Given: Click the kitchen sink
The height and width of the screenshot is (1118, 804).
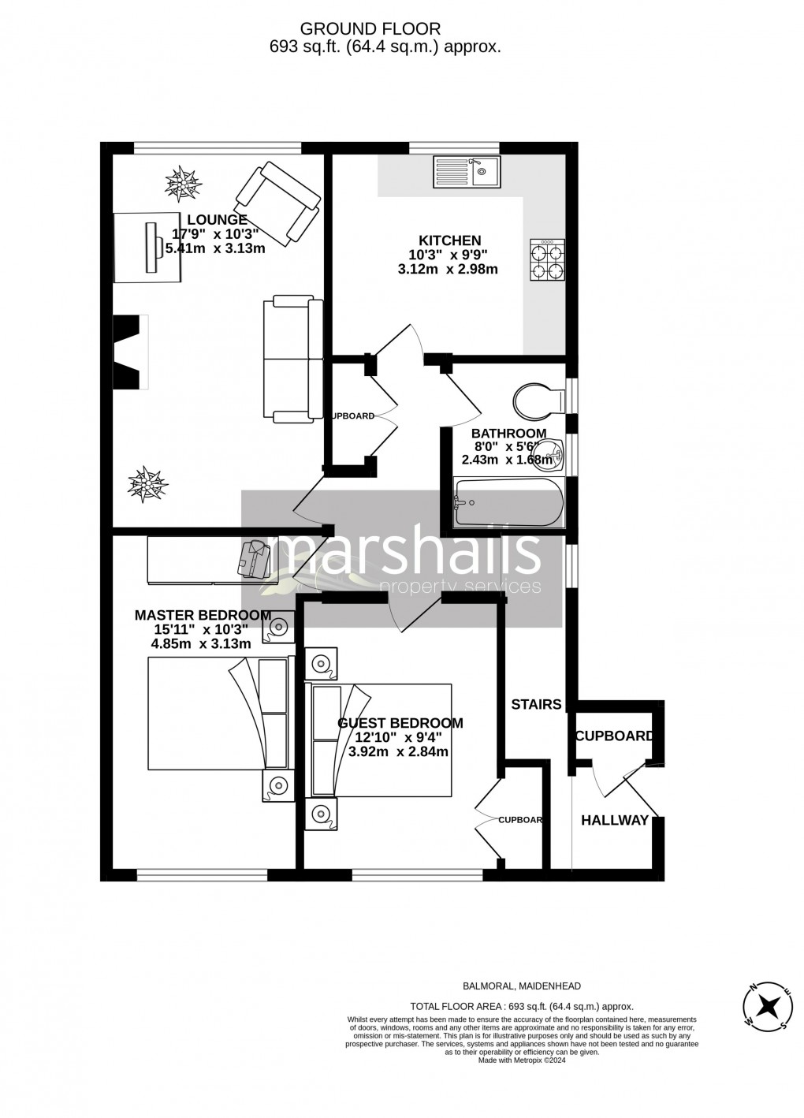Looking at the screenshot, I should click(x=466, y=171).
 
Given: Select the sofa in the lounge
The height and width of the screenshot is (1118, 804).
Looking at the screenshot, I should click(x=292, y=359).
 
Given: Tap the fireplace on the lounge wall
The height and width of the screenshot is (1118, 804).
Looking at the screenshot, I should click(x=132, y=351).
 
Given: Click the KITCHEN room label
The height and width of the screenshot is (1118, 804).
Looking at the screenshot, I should click(x=449, y=240).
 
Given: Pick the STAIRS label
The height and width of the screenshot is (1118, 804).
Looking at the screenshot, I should click(x=536, y=704).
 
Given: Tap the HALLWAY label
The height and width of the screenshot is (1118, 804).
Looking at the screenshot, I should click(x=615, y=820).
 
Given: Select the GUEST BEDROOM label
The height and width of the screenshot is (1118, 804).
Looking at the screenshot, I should click(x=400, y=723).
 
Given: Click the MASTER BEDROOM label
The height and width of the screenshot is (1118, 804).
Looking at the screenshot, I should click(x=203, y=615).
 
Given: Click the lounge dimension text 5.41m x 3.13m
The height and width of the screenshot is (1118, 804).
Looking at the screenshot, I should click(x=215, y=248).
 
